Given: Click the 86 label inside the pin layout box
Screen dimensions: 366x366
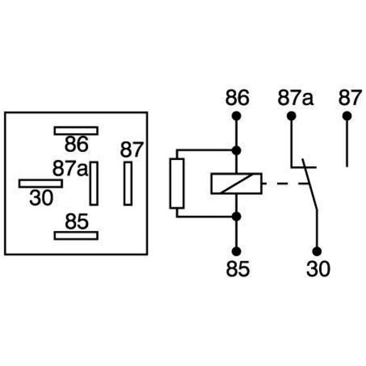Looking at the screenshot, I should click(x=76, y=144).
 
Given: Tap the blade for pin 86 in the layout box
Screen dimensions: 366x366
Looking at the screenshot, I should click(x=77, y=131).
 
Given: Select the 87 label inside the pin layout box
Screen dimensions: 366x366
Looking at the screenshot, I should click(x=131, y=150).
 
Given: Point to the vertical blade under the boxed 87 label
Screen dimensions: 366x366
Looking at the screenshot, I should click(x=128, y=183).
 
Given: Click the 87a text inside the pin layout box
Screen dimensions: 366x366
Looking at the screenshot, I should click(x=70, y=169).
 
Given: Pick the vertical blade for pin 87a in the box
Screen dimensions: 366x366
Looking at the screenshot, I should click(x=92, y=183).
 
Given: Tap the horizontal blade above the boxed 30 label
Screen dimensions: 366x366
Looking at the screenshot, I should click(x=41, y=183).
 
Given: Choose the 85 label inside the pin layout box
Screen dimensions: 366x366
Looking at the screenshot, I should click(x=76, y=221).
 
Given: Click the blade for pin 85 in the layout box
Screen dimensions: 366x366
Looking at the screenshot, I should click(x=77, y=235).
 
